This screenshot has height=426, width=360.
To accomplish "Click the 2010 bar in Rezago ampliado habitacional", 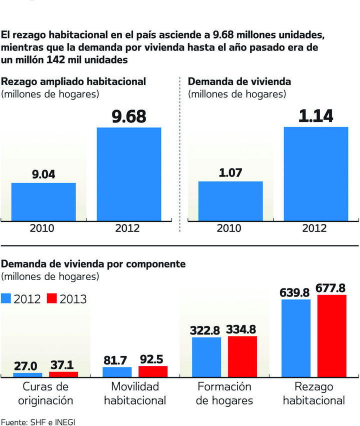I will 43,201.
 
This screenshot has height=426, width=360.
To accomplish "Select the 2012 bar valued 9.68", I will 129,173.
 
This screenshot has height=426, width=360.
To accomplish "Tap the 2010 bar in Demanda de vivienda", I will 230,200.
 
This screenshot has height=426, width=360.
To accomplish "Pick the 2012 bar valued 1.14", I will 315,173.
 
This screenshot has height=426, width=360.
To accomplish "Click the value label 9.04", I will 43,174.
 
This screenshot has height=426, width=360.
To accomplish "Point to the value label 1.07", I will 230,173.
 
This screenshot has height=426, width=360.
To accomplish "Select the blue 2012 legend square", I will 6,298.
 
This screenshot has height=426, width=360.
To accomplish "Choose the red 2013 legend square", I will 52,298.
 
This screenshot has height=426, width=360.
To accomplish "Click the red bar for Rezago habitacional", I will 331,335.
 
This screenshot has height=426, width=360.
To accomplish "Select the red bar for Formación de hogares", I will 242,356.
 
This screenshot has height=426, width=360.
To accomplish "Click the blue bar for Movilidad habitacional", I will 117,371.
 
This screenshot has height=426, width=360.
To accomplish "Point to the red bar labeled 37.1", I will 63,374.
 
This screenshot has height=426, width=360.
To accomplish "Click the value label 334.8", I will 242,329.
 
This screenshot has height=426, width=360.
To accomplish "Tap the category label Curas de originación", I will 45,393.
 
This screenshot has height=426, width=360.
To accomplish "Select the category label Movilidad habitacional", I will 135,393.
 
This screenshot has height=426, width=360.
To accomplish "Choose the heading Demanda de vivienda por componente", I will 86,263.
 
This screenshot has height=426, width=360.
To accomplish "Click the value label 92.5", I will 153,359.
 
